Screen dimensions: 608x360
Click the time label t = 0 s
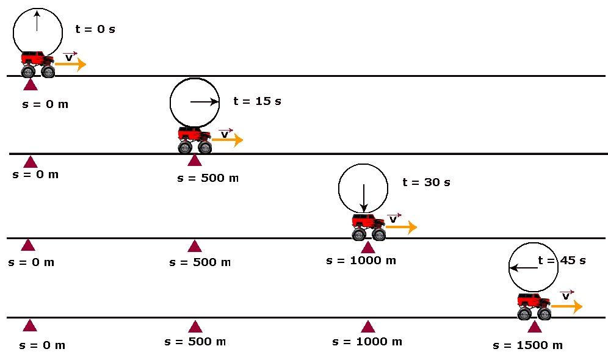click(x=95, y=29)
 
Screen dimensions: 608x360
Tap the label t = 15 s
click(x=257, y=101)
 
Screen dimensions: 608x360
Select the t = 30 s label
click(x=426, y=182)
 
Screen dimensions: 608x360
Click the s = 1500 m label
click(x=528, y=345)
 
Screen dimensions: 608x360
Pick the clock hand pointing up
click(x=37, y=21)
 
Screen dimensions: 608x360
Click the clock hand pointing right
click(x=204, y=102)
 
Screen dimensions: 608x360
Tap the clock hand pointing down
click(x=364, y=198)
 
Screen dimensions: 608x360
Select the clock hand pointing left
click(x=524, y=268)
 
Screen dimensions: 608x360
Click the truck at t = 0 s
click(x=38, y=64)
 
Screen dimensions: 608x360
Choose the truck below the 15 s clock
click(x=195, y=140)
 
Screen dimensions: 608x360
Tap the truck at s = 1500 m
click(x=534, y=306)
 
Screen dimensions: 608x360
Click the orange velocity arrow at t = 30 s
click(x=401, y=227)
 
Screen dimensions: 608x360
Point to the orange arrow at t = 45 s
click(x=567, y=306)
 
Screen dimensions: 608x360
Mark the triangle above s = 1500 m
click(x=535, y=326)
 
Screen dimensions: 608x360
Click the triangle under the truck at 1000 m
click(x=368, y=247)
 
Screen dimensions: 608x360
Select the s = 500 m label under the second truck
click(x=208, y=178)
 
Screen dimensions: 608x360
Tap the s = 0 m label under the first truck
click(x=45, y=104)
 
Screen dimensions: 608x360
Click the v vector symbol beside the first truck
click(x=70, y=57)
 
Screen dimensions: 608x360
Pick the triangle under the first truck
click(x=31, y=84)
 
